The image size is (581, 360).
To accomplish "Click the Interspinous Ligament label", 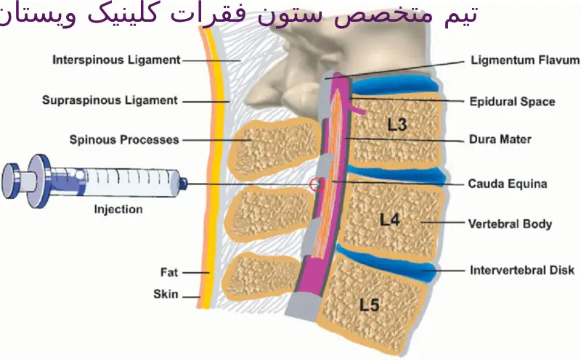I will point(115,60).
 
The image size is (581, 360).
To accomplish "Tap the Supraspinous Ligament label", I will point(110,100).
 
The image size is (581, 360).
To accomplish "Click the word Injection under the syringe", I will point(118,210).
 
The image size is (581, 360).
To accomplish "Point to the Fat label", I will point(169,273).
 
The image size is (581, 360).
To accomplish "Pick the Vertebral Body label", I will point(511,224).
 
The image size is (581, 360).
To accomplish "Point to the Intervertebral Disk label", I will point(522,271).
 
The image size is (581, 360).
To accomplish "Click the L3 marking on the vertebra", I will point(397,124).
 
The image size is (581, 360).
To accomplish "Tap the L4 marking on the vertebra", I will point(390,218).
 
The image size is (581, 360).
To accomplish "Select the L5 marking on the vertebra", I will point(370,305).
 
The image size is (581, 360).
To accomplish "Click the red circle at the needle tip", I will point(315,184).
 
